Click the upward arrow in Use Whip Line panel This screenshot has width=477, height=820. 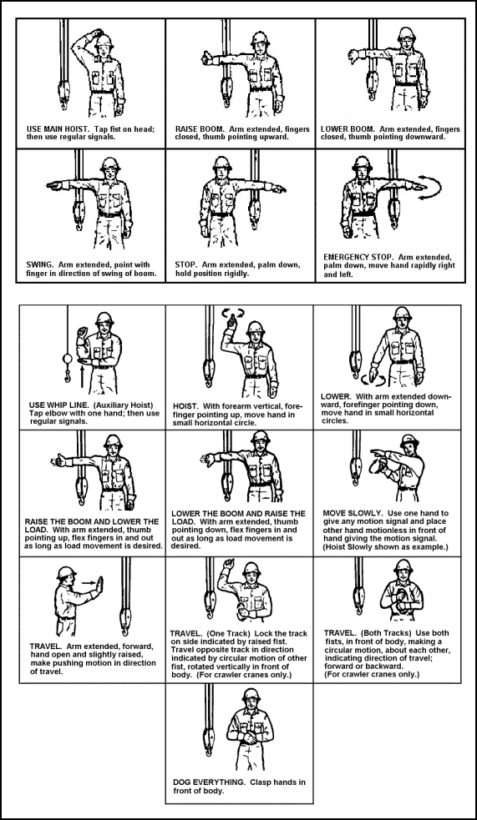pos(82,376)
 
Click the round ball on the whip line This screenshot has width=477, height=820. pos(68,359)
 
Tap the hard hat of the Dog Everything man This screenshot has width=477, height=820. pos(251,694)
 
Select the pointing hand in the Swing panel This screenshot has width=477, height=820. pos(53,184)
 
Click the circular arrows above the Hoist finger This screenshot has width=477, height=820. pos(232,313)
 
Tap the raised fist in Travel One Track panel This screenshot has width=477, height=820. pos(228,564)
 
